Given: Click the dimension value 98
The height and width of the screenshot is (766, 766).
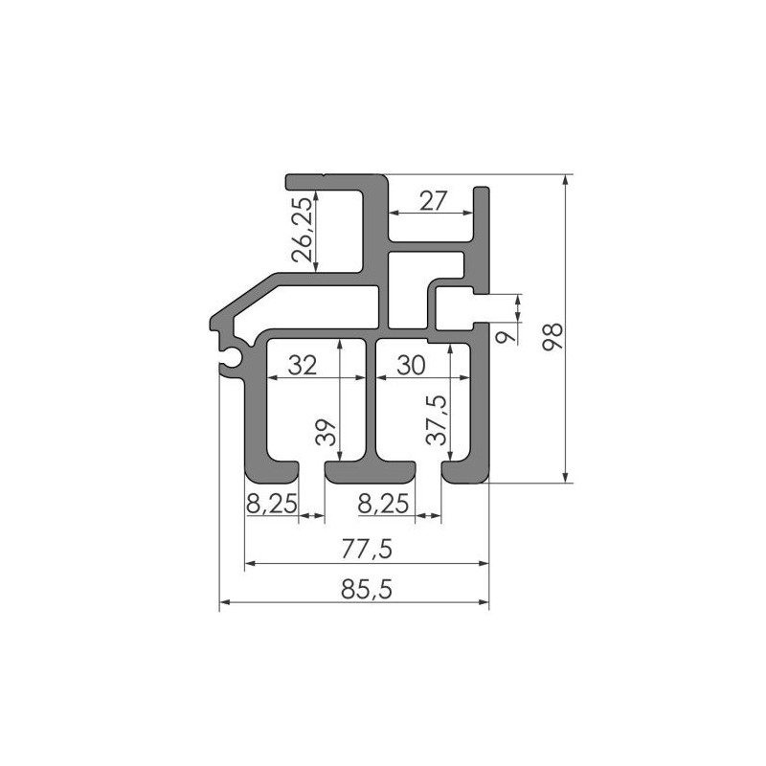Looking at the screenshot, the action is pyautogui.click(x=553, y=337).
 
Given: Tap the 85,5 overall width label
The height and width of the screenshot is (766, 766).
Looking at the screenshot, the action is pyautogui.click(x=367, y=590).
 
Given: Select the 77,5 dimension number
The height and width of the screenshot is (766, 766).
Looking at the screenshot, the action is pyautogui.click(x=367, y=549).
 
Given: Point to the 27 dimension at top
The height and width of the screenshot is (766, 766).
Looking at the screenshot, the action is pyautogui.click(x=433, y=201).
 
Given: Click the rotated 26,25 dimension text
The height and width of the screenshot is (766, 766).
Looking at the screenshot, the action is pyautogui.click(x=302, y=230).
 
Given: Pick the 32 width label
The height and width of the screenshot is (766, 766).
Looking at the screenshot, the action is pyautogui.click(x=303, y=365).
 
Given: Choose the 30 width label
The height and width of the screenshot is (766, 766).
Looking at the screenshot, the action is pyautogui.click(x=411, y=365).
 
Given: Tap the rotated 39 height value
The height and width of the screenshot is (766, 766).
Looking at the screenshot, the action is pyautogui.click(x=326, y=433).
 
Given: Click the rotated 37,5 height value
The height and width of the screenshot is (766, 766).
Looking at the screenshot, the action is pyautogui.click(x=437, y=420).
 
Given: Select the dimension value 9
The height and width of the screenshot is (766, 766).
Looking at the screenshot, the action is pyautogui.click(x=507, y=337).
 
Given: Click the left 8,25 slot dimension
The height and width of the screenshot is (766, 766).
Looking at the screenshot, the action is pyautogui.click(x=272, y=504).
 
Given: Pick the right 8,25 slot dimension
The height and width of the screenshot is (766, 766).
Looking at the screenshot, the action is pyautogui.click(x=383, y=504).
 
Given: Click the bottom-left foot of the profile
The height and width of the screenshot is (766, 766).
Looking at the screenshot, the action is pyautogui.click(x=272, y=471).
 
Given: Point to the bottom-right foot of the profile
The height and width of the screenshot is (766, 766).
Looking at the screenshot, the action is pyautogui.click(x=465, y=471).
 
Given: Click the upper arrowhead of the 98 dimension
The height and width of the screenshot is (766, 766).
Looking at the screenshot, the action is pyautogui.click(x=565, y=180).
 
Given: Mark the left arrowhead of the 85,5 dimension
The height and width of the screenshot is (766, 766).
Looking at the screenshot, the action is pyautogui.click(x=225, y=602).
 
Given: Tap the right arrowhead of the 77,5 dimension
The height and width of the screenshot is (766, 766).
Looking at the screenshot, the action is pyautogui.click(x=484, y=563).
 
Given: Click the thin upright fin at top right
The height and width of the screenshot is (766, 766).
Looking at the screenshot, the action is pyautogui.click(x=482, y=239).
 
